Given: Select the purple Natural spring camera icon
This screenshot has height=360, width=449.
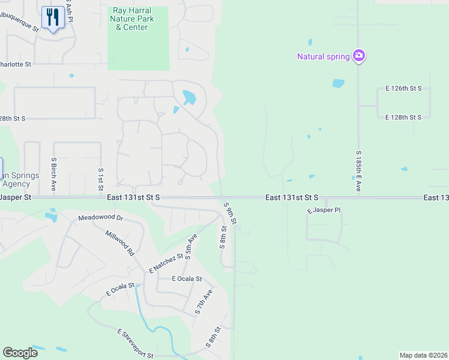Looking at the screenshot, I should coord(359,56).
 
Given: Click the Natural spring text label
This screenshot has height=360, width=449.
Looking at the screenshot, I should coord(324,57).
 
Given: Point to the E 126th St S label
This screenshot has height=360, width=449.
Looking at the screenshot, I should coord(403,88).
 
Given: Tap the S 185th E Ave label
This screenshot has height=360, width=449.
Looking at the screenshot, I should coord(358,172).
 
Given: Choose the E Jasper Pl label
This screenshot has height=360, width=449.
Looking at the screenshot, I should coord(324,211).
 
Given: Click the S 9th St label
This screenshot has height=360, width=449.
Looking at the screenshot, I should coord(231,213).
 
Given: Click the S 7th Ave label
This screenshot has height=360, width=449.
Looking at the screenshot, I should coord(203,303).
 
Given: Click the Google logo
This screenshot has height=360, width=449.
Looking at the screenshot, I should coord(20,353).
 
